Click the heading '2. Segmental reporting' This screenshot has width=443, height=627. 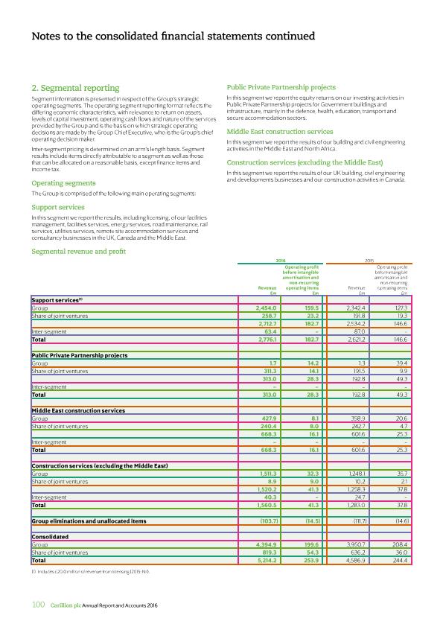click(x=75, y=89)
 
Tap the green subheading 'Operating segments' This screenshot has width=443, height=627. click(x=63, y=183)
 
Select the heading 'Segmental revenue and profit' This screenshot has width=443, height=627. click(x=78, y=252)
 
